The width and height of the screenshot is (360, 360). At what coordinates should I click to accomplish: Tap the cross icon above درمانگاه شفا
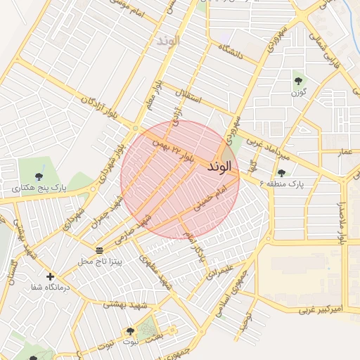(x=50, y=276)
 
